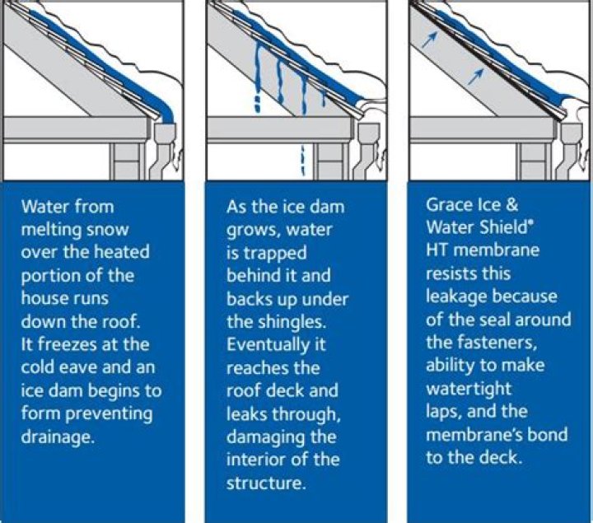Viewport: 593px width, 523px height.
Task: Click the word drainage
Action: tap(58, 437)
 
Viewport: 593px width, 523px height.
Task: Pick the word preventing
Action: tap(109, 414)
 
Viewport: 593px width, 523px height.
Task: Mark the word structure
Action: tap(265, 483)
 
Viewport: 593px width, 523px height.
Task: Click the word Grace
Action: tap(450, 205)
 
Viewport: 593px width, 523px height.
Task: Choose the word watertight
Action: tap(469, 389)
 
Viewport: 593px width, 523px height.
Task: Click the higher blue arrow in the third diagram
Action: tap(430, 40)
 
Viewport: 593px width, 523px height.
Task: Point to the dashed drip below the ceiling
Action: tap(302, 161)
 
